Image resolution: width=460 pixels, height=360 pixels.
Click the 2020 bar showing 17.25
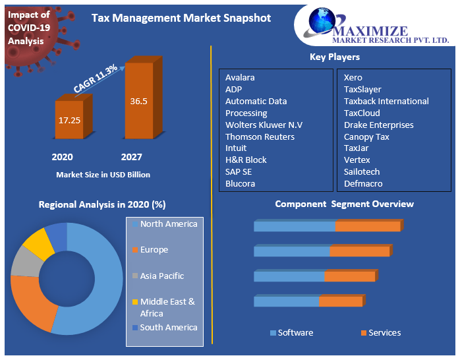69,121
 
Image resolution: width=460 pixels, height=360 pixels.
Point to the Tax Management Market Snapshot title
181,18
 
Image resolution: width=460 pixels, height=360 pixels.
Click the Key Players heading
335,57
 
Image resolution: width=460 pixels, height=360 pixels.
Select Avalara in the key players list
240,77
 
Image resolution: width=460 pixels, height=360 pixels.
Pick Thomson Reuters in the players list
260,136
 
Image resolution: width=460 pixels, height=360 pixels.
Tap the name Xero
353,77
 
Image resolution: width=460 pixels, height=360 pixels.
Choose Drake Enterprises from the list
378,125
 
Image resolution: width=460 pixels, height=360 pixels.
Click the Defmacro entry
363,183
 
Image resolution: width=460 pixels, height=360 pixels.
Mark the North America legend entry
167,224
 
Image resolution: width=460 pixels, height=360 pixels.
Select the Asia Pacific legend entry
161,276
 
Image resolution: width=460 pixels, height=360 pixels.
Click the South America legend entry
167,327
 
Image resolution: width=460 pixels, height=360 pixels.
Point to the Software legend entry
295,333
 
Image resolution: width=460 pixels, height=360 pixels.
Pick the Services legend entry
384,333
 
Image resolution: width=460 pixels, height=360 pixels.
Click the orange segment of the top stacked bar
368,226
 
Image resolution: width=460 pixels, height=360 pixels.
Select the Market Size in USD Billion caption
103,175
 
